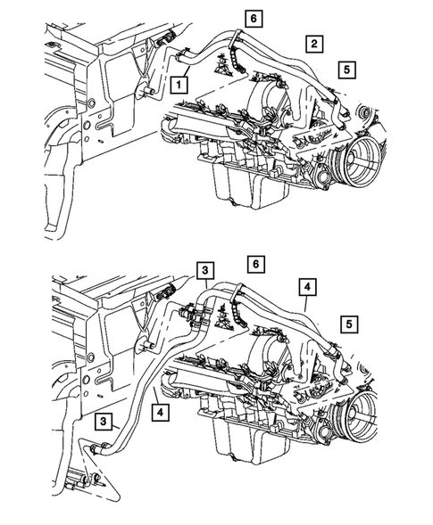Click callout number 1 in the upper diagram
coord(180,85)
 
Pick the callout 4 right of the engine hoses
coord(305,287)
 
